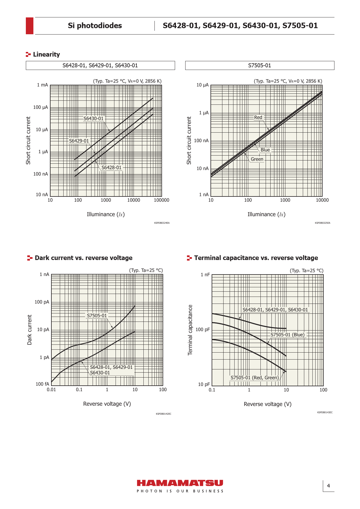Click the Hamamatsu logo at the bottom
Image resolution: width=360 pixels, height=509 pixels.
click(180, 483)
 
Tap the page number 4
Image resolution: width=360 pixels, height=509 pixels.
click(328, 486)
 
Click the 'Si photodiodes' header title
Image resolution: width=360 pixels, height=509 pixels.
click(95, 26)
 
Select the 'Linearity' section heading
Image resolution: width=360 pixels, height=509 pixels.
click(46, 54)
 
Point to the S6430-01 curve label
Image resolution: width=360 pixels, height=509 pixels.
click(93, 118)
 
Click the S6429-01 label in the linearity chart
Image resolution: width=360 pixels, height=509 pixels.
click(79, 141)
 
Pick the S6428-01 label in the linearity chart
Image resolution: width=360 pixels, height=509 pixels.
click(111, 167)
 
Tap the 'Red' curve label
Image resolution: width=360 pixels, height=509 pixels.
click(258, 117)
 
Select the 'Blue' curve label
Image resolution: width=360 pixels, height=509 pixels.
click(265, 150)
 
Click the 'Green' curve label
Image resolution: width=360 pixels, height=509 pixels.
click(257, 159)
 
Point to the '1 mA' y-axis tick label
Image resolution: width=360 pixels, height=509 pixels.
click(42, 85)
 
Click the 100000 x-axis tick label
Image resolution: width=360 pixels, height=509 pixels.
click(161, 200)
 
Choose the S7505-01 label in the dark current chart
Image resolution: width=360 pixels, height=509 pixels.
click(97, 315)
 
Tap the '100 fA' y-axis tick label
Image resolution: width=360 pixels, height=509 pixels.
click(42, 384)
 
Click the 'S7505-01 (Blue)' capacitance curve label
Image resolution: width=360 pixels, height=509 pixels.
click(287, 335)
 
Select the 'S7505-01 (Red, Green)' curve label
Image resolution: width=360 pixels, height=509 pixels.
click(255, 378)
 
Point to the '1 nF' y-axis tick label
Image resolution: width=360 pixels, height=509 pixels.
click(205, 275)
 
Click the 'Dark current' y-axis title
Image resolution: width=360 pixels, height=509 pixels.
click(29, 330)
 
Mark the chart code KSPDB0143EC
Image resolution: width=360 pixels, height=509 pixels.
click(325, 412)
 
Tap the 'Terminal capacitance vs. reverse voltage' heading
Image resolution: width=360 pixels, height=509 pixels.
click(256, 258)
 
